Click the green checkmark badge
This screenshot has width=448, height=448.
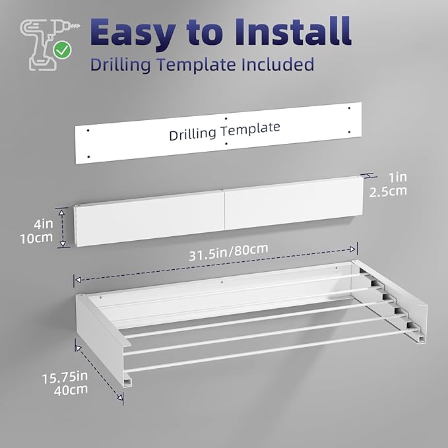(x=62, y=50)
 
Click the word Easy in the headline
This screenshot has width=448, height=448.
(x=133, y=33)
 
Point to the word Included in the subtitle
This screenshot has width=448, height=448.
(x=278, y=64)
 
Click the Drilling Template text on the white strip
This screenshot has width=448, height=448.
(x=224, y=131)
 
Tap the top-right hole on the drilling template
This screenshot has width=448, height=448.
(x=349, y=108)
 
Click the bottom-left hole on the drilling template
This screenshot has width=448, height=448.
(x=88, y=157)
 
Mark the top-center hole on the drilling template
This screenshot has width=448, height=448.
(x=226, y=118)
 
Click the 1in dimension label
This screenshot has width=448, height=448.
(x=398, y=177)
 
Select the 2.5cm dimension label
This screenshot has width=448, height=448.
(x=388, y=191)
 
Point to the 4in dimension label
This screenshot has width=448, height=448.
(x=44, y=224)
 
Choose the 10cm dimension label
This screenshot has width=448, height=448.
(x=36, y=238)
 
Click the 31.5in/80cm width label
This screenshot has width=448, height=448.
(x=228, y=252)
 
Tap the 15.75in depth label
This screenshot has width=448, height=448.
(x=65, y=377)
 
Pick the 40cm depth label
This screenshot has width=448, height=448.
(x=71, y=390)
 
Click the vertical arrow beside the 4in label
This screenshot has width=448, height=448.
(x=62, y=228)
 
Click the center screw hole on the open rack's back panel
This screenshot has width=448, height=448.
(x=222, y=282)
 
